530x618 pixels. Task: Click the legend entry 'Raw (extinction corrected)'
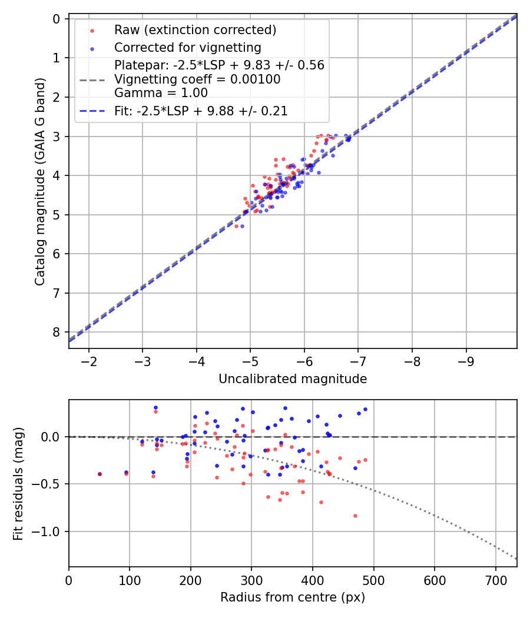pos(195,30)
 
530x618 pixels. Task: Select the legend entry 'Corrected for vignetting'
pos(188,47)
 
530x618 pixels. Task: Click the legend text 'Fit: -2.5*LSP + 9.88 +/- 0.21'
pos(201,111)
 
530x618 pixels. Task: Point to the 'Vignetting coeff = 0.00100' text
pos(197,79)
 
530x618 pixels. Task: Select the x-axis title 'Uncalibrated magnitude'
pos(293,379)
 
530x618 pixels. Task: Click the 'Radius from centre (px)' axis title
pos(293,597)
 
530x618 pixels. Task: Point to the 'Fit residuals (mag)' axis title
pos(18,484)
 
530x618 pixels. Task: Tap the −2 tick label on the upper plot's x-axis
pos(89,360)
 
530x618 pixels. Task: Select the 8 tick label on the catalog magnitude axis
pos(57,333)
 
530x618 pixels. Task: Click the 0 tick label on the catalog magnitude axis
pos(57,19)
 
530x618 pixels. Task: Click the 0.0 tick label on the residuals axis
pos(52,437)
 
